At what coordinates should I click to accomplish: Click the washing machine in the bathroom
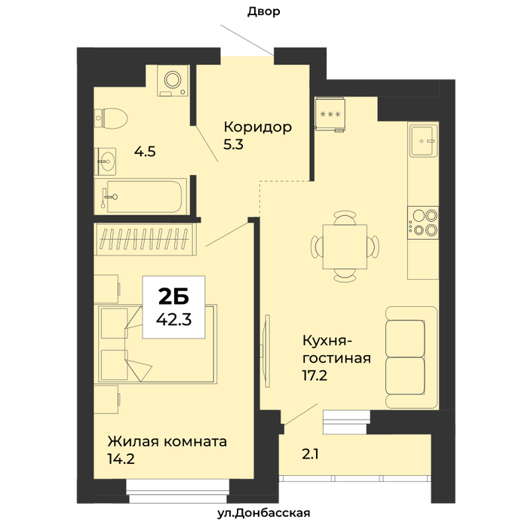click(173, 81)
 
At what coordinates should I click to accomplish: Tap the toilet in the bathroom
click(111, 118)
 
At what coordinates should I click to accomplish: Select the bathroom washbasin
click(105, 161)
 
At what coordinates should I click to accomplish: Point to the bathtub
click(140, 196)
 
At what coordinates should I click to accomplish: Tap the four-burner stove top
click(423, 223)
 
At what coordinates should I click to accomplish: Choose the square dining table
click(345, 247)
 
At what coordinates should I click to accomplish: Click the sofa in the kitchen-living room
click(412, 358)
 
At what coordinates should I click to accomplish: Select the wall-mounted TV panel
click(267, 351)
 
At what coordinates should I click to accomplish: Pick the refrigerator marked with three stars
click(330, 114)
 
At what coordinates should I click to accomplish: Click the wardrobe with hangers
click(146, 239)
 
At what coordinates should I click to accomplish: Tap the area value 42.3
click(173, 319)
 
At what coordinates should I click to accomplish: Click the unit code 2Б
click(173, 296)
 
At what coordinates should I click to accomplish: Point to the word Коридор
click(258, 127)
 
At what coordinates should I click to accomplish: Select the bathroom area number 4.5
click(145, 152)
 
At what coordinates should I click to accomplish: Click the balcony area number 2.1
click(310, 455)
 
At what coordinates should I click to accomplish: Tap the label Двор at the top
click(264, 12)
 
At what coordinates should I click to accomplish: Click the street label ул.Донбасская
click(264, 513)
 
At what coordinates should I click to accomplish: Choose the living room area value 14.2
click(121, 459)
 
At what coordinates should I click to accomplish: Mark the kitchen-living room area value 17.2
click(315, 376)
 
